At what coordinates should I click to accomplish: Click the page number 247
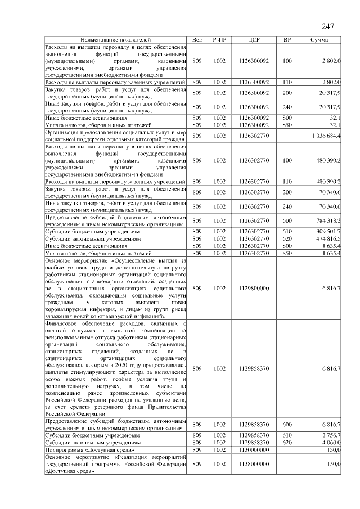pyautogui.click(x=328, y=27)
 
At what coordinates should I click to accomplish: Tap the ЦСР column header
pyautogui.click(x=254, y=40)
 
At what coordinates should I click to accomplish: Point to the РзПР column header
pyautogui.click(x=219, y=40)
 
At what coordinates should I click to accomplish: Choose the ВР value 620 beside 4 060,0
pyautogui.click(x=287, y=443)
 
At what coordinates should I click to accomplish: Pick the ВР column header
pyautogui.click(x=287, y=40)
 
